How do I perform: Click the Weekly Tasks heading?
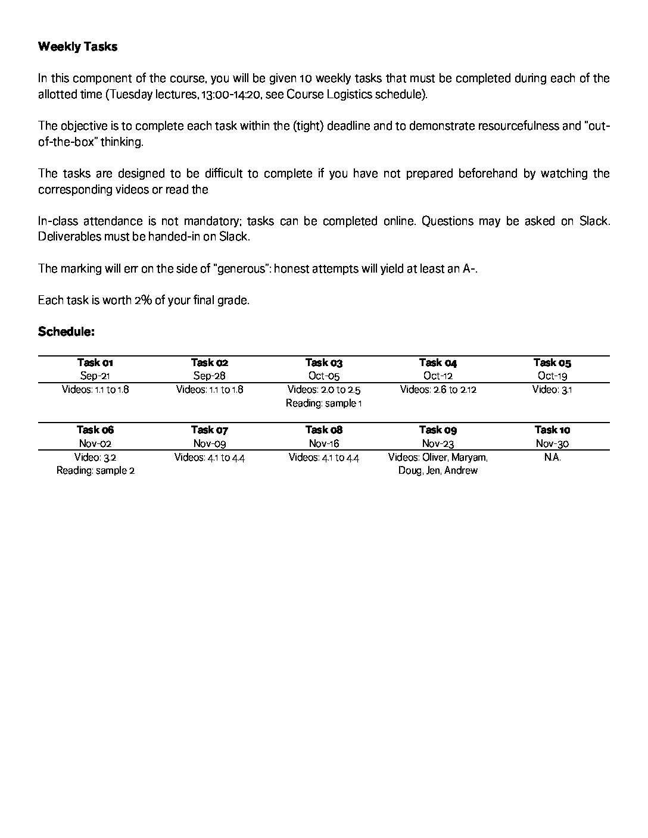point(77,47)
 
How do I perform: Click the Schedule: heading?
point(66,332)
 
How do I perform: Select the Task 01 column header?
point(95,362)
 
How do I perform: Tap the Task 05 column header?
point(552,362)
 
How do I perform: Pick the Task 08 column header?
point(324,430)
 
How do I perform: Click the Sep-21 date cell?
point(95,376)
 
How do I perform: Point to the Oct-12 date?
point(438,376)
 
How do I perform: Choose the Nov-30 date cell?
point(552,443)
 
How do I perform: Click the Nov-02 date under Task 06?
point(95,443)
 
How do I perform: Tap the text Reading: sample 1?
point(324,404)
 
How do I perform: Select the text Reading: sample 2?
point(95,471)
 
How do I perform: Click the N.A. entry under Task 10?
point(552,458)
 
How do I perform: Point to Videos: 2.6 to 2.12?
point(438,390)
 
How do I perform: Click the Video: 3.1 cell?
point(552,390)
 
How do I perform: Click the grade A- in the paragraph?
point(469,268)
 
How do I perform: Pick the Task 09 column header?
point(438,430)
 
